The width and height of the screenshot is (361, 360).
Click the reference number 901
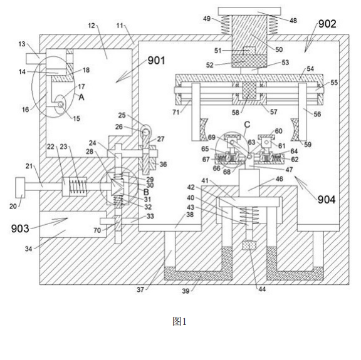pyautogui.click(x=156, y=61)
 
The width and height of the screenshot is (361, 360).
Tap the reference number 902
pyautogui.click(x=327, y=24)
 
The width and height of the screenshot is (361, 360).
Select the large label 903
pyautogui.click(x=20, y=229)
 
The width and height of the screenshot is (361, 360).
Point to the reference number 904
pyautogui.click(x=327, y=200)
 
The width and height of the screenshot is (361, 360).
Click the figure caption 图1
pyautogui.click(x=179, y=321)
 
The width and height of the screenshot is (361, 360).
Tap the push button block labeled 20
pyautogui.click(x=20, y=187)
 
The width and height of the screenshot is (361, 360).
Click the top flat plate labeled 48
pyautogui.click(x=249, y=11)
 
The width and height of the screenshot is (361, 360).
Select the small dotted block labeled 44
pyautogui.click(x=249, y=245)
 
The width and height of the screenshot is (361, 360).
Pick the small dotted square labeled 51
pyautogui.click(x=249, y=51)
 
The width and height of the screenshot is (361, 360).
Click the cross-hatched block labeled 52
pyautogui.click(x=249, y=61)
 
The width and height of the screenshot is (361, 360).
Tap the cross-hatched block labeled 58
pyautogui.click(x=249, y=91)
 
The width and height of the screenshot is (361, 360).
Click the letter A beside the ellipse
pyautogui.click(x=81, y=97)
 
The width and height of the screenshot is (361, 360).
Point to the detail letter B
pyautogui.click(x=146, y=192)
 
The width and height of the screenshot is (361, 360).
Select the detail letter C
pyautogui.click(x=247, y=125)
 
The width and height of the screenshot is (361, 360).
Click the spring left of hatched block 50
pyautogui.click(x=226, y=25)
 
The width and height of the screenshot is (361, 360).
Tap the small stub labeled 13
pyautogui.click(x=33, y=58)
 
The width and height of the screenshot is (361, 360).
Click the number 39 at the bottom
pyautogui.click(x=186, y=291)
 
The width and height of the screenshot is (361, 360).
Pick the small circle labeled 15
pyautogui.click(x=61, y=105)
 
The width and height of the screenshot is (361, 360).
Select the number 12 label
pyautogui.click(x=92, y=25)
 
